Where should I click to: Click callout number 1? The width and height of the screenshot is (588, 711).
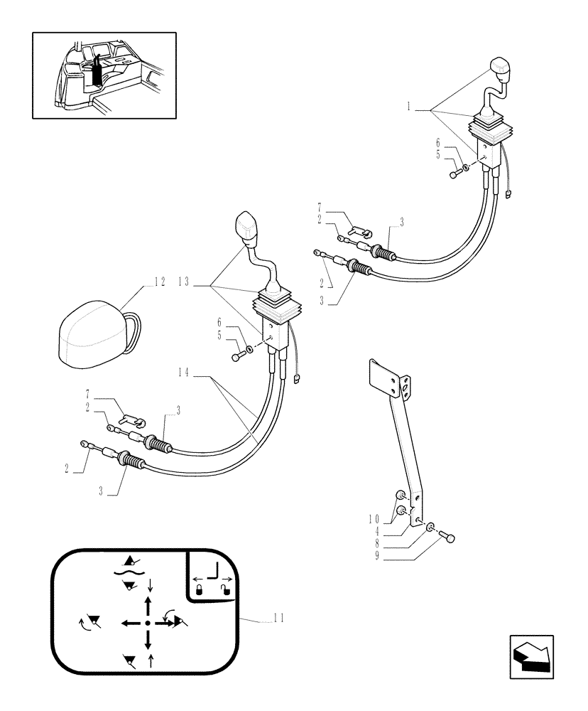click(410, 109)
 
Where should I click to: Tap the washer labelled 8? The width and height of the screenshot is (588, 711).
click(431, 527)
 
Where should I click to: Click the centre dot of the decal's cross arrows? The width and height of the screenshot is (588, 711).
click(147, 622)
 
